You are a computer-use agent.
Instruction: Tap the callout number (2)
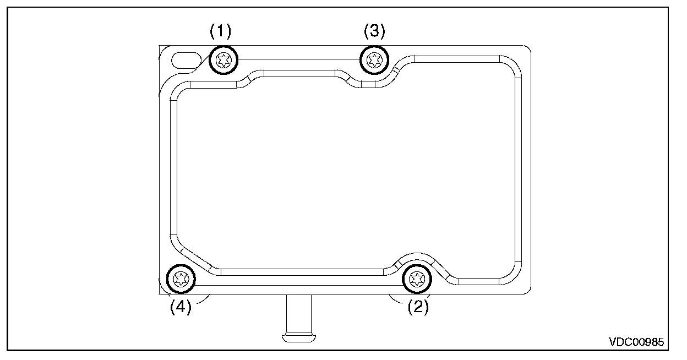(x=418, y=306)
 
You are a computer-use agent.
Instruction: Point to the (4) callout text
(x=180, y=306)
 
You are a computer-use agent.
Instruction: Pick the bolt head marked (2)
(x=417, y=280)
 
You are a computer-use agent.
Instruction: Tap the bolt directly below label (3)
(x=374, y=58)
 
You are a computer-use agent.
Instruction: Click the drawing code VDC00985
(x=636, y=342)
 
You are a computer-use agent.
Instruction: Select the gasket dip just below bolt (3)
(x=369, y=84)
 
